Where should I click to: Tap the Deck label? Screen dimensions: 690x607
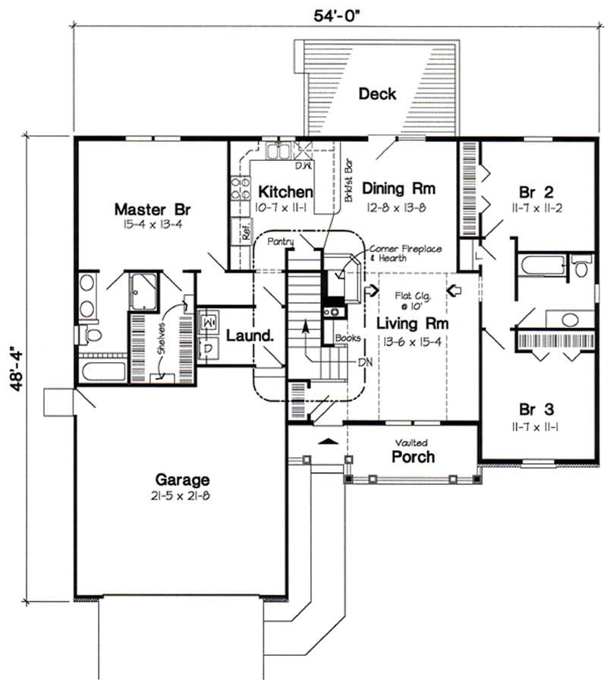click(377, 93)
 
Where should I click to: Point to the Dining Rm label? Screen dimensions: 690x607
click(392, 187)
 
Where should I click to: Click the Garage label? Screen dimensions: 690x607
click(182, 480)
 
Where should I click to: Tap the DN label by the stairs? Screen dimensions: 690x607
click(366, 362)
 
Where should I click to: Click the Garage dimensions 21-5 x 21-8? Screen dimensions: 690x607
click(182, 496)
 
